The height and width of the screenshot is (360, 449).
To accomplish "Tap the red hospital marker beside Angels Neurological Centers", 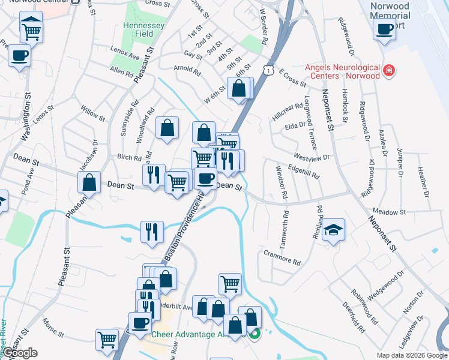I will point(389,71).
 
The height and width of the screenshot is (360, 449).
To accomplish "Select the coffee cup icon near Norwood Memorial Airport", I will point(384,28).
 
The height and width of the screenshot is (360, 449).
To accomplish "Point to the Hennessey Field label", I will point(139,30).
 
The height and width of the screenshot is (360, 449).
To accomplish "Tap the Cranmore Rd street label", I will point(282,258).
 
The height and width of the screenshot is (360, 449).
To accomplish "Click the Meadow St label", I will point(390,212).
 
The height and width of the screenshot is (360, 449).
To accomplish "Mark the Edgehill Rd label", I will point(303,171).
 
